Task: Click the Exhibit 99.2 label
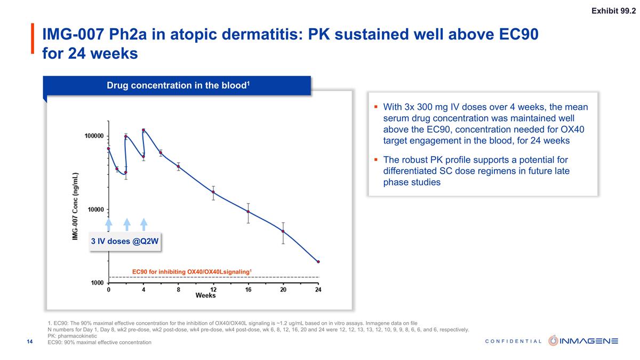tap(613, 12)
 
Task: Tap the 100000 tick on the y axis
tap(94, 137)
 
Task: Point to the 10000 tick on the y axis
tap(96, 210)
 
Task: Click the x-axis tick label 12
tap(213, 290)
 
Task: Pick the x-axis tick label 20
tap(283, 290)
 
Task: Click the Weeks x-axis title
tap(205, 295)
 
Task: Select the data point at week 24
tap(318, 262)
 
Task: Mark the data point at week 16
tap(248, 212)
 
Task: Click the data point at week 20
tap(283, 231)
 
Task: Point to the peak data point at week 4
tap(143, 130)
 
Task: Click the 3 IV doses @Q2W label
tap(125, 242)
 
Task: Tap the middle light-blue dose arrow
tap(127, 224)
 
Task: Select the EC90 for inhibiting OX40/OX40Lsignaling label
tap(191, 272)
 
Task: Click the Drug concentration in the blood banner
tap(178, 85)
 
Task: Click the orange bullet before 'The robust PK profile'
tap(375, 159)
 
